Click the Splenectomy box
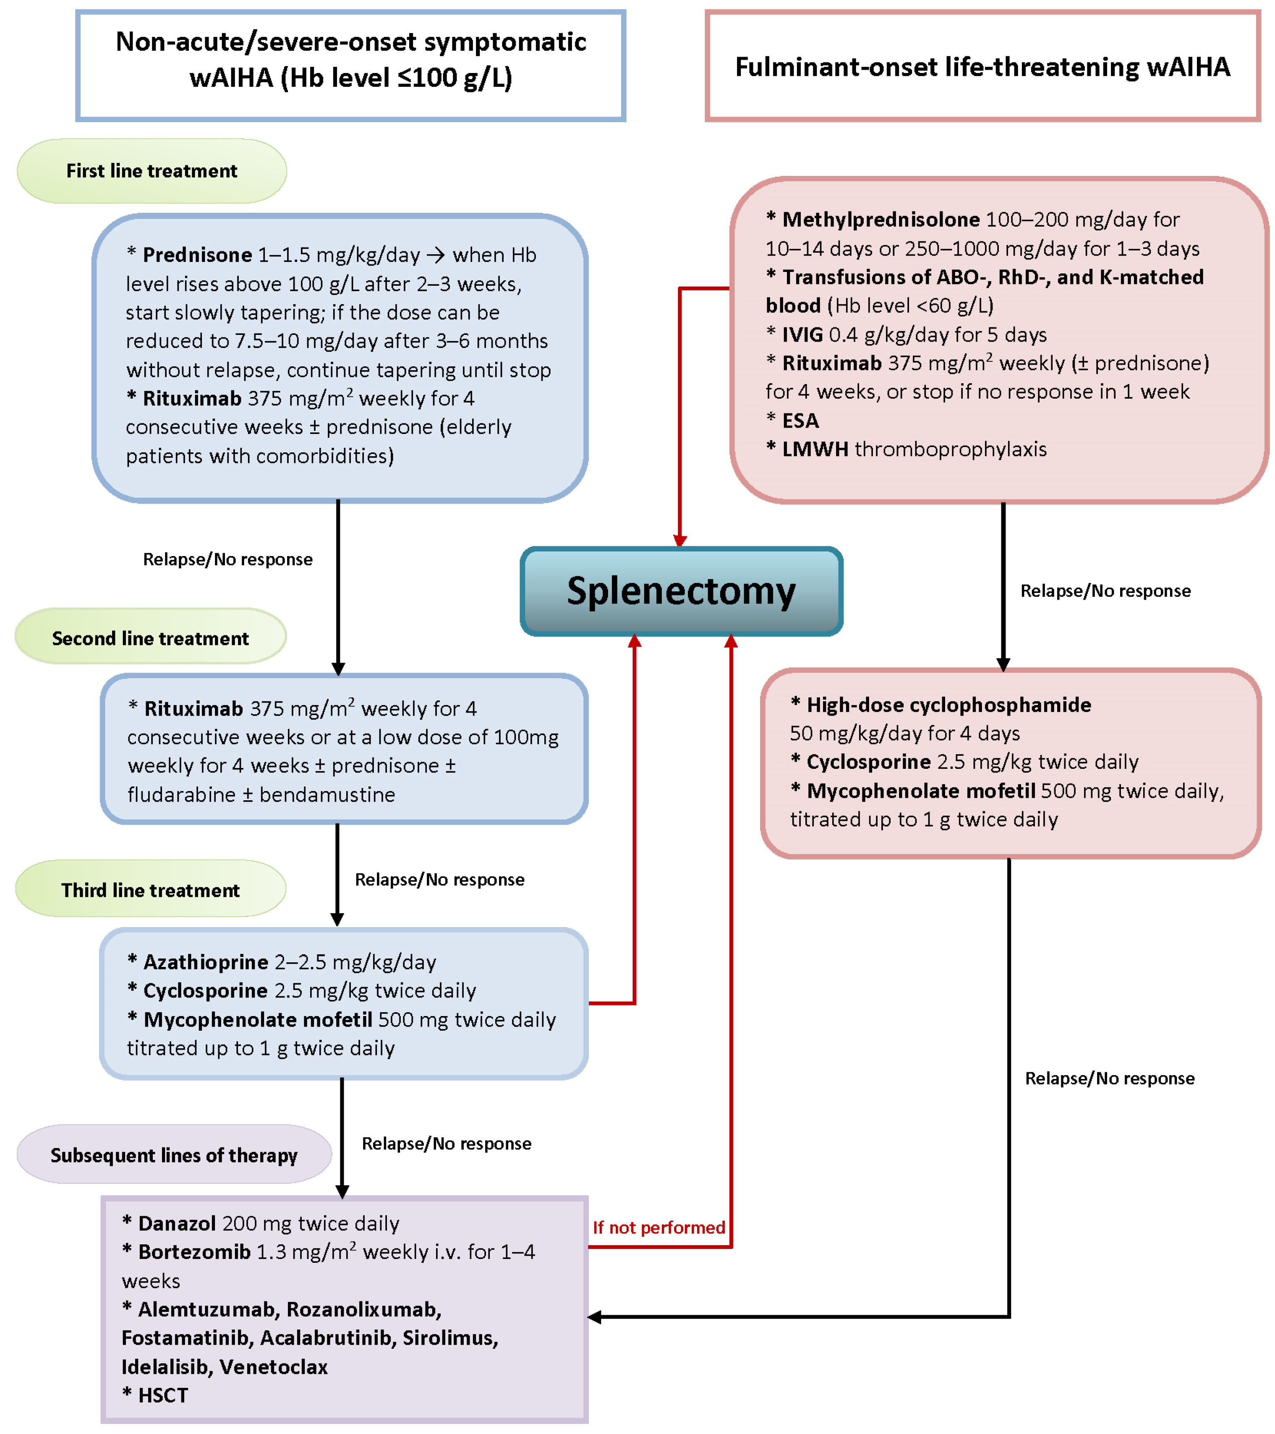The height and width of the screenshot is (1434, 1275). [x=681, y=591]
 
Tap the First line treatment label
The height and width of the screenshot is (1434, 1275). [x=152, y=171]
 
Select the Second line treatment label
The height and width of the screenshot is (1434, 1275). [x=150, y=638]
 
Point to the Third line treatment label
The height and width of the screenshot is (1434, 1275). [x=150, y=890]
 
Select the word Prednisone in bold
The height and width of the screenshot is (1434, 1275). [x=197, y=255]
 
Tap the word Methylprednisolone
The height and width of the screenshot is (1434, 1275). [x=880, y=219]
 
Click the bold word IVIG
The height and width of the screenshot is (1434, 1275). [x=802, y=334]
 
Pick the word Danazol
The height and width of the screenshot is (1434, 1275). [x=177, y=1223]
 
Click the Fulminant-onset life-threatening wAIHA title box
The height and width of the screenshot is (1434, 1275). [x=982, y=67]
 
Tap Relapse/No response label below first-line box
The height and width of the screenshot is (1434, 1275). [x=227, y=559]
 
